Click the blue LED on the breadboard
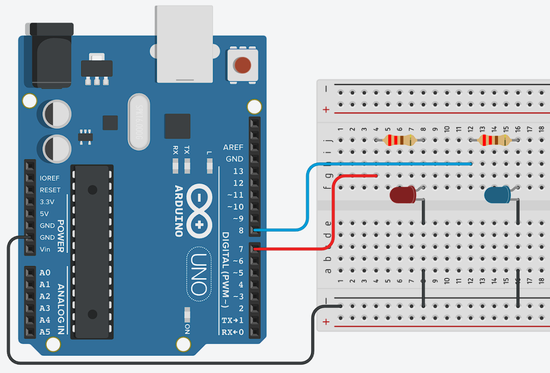[498, 195]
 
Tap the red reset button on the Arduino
[242, 65]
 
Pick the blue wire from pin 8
[307, 194]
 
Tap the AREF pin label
[233, 147]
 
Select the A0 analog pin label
[45, 273]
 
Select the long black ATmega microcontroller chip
[93, 251]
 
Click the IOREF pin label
[50, 178]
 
